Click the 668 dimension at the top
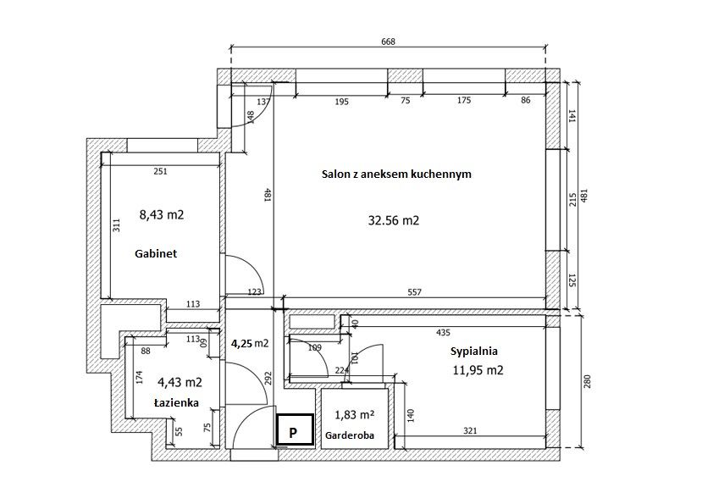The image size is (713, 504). click(x=388, y=42)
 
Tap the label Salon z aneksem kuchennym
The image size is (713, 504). click(x=396, y=174)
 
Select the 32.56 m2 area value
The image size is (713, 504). click(x=393, y=220)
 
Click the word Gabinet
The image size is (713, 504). click(x=156, y=254)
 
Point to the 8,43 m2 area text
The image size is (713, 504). click(x=162, y=214)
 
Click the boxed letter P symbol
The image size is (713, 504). click(x=295, y=429)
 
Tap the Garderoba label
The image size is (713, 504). click(x=350, y=435)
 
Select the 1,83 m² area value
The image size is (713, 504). click(x=354, y=415)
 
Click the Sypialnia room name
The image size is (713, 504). click(x=474, y=352)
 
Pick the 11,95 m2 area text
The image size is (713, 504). click(x=478, y=370)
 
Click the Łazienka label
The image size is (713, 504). click(x=176, y=402)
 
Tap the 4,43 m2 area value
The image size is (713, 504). click(x=180, y=383)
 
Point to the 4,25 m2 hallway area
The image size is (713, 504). click(x=250, y=343)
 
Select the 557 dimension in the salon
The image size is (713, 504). click(x=414, y=292)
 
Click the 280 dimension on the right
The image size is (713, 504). click(x=587, y=381)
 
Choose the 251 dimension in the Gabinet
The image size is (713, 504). click(x=161, y=171)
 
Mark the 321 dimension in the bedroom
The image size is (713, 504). click(x=470, y=430)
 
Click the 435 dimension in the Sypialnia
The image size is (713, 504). click(x=443, y=333)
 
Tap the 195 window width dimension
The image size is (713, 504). click(x=341, y=102)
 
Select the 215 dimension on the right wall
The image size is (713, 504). click(x=572, y=200)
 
